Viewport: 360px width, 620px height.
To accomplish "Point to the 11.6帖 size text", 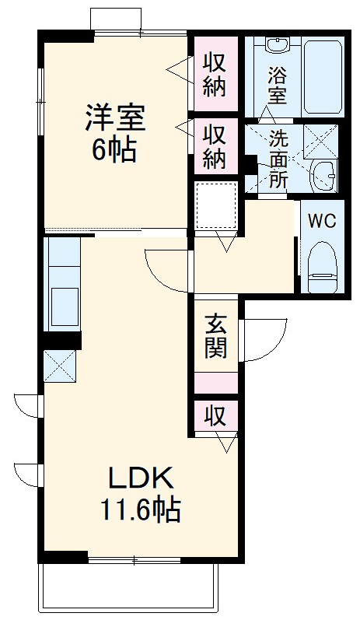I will point(139,510).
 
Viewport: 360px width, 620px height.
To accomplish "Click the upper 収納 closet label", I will point(215,73).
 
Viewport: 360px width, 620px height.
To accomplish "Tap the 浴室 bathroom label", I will point(278,86).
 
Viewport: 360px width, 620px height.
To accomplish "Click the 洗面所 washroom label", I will point(278,159).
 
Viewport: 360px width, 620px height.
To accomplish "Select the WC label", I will point(321,220).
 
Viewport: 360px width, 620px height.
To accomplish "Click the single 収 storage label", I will point(215,416).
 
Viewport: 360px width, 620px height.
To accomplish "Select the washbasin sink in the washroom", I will point(321,175).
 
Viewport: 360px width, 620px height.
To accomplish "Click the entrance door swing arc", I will point(260,342).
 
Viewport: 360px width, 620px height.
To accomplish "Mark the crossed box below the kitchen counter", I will point(59,366).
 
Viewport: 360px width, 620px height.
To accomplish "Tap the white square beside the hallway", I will point(216,205).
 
